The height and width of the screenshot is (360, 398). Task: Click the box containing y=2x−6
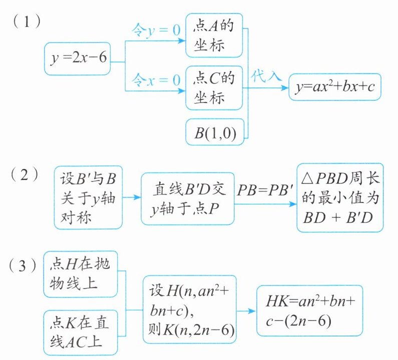click(77, 59)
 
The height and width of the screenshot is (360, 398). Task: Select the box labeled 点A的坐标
click(214, 35)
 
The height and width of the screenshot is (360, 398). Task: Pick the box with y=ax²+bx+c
click(335, 86)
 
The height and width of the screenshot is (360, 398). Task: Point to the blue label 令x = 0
click(155, 79)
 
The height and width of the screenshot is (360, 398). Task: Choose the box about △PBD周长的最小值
click(340, 198)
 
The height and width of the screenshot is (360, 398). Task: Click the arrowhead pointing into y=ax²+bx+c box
click(285, 87)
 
